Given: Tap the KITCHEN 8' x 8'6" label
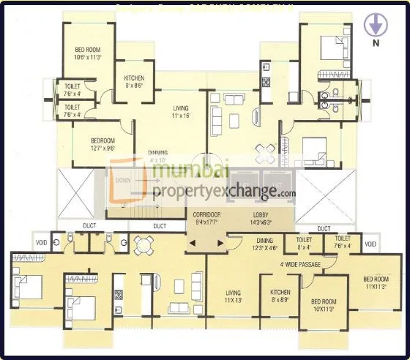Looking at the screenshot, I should [x=134, y=80].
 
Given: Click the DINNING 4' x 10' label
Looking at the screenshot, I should [x=158, y=156].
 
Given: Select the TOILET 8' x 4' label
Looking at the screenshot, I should [x=305, y=242].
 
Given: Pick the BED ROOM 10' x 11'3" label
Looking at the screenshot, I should [x=323, y=305].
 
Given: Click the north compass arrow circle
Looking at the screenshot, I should [x=374, y=26].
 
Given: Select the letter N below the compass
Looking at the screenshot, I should [x=376, y=43].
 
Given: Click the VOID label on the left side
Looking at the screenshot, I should [x=42, y=244].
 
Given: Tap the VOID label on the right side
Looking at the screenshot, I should [x=370, y=244].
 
